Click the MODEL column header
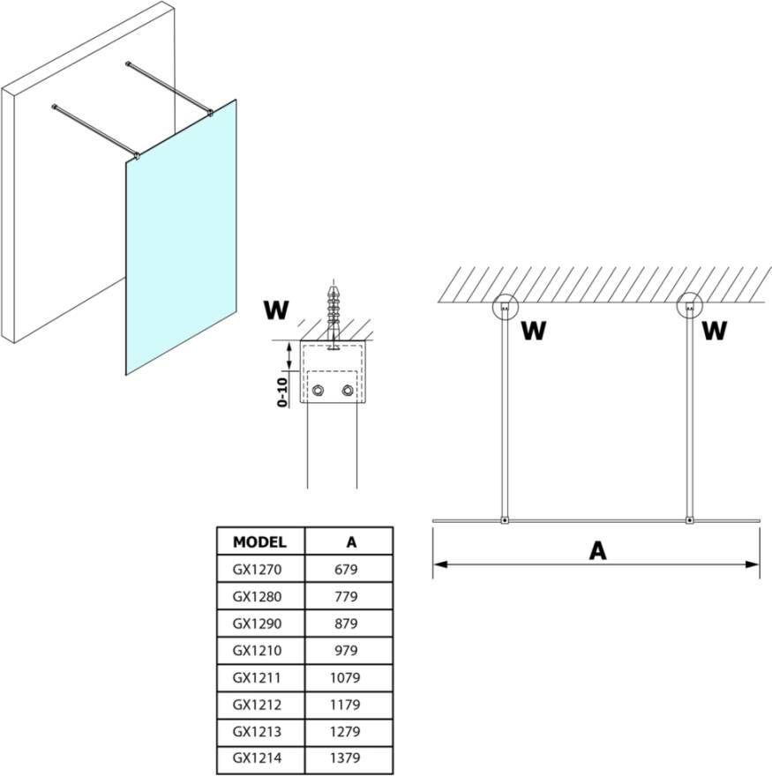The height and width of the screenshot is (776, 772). [x=259, y=541]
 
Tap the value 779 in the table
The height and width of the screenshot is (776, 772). [x=347, y=597]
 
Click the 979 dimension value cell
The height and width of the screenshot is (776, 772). [x=347, y=651]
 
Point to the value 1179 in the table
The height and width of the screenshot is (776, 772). [x=347, y=705]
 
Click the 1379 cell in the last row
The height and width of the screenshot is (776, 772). [x=347, y=758]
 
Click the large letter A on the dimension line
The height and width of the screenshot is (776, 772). [x=597, y=550]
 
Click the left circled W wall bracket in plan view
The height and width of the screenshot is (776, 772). [x=504, y=307]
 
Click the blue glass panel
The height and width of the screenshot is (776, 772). [x=181, y=238]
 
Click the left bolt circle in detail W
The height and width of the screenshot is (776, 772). [x=318, y=391]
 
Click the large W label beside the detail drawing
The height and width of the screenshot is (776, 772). [x=276, y=310]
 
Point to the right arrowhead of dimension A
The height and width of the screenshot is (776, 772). [x=753, y=563]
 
